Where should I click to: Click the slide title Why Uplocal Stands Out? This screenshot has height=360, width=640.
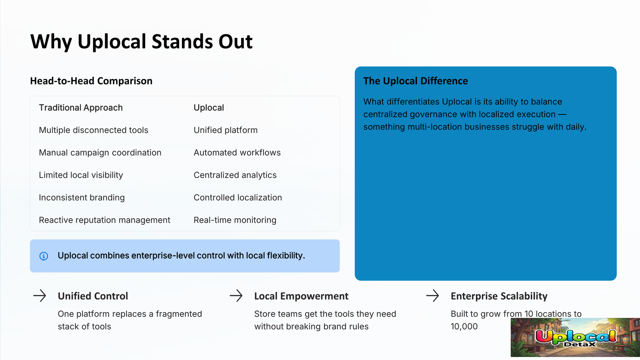[142, 42]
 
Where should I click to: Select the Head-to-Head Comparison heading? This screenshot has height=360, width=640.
[91, 81]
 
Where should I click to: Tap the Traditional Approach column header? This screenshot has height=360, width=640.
[81, 108]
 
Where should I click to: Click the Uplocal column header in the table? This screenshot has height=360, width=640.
[209, 108]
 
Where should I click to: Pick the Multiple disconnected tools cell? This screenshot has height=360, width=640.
[94, 130]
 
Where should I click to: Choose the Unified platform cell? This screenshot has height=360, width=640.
[226, 130]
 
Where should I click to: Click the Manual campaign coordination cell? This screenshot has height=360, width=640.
[100, 153]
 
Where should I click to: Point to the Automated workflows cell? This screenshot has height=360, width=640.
[237, 152]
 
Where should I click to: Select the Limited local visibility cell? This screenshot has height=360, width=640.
[81, 175]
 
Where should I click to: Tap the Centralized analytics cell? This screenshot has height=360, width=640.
[235, 175]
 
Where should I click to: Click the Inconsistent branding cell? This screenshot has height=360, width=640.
[82, 198]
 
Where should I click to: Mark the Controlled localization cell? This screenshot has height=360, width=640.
[238, 198]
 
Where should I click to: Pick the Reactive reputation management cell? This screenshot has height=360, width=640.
[104, 220]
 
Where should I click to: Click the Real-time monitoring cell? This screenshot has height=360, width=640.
[235, 220]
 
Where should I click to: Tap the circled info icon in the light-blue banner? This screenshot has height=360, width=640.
[44, 256]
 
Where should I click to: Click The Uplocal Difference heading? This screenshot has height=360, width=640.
[416, 81]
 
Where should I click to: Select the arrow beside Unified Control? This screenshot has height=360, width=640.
[40, 296]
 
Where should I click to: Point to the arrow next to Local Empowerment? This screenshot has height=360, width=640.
[236, 296]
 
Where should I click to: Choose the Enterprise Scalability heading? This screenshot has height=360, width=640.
[499, 296]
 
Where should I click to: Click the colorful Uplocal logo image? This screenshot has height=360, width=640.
[575, 338]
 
